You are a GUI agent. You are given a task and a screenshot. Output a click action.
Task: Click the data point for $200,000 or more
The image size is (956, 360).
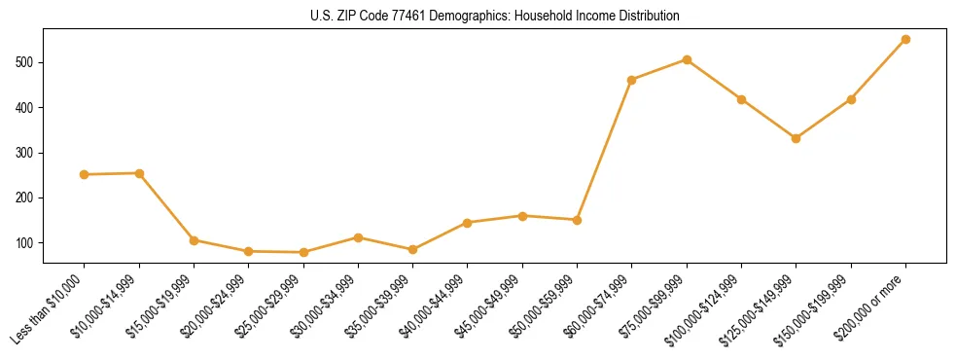pyautogui.click(x=905, y=40)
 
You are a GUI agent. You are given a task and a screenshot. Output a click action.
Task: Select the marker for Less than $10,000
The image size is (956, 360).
pyautogui.click(x=85, y=175)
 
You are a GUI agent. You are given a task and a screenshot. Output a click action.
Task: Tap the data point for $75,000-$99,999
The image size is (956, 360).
pyautogui.click(x=687, y=60)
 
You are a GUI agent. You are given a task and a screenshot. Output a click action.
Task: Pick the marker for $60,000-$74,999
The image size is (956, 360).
pyautogui.click(x=632, y=80)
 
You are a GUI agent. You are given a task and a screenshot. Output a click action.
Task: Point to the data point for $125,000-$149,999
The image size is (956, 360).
pyautogui.click(x=796, y=138)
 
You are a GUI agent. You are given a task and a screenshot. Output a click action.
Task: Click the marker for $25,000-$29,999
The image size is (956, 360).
pyautogui.click(x=303, y=253)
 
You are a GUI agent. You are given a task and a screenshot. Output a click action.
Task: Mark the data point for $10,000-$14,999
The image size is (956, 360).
pyautogui.click(x=139, y=173)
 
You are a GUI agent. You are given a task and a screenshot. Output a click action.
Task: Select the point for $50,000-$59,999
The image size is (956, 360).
pyautogui.click(x=577, y=220)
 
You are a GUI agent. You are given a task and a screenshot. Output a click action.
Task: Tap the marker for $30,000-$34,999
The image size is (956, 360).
pyautogui.click(x=358, y=237)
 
